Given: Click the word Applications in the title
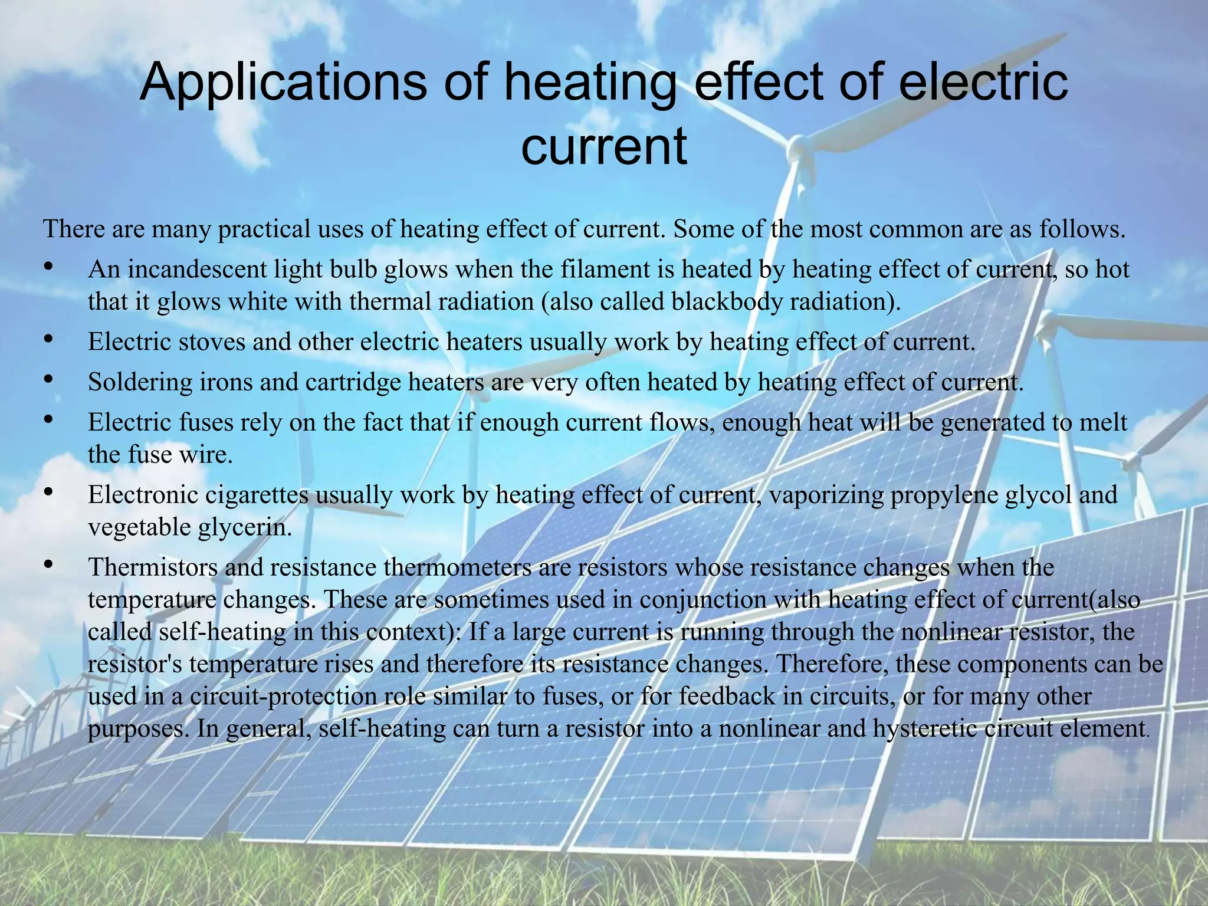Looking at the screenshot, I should click(x=283, y=83).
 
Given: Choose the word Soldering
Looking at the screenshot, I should click(x=140, y=382).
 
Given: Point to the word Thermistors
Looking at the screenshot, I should click(x=153, y=567).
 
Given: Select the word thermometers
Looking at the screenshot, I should click(x=458, y=567).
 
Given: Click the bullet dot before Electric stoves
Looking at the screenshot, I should click(x=49, y=340).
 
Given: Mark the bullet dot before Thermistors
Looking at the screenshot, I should click(x=49, y=565).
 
